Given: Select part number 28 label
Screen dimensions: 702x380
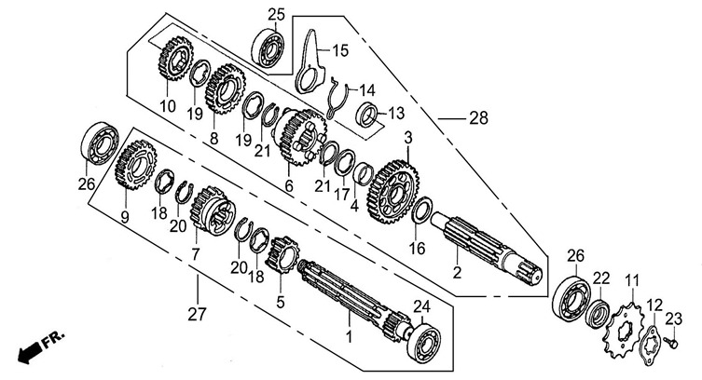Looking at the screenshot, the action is coord(478,118).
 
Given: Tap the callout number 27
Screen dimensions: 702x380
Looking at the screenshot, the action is coord(197,314).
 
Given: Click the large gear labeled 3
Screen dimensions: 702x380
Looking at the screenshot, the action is coord(393,192).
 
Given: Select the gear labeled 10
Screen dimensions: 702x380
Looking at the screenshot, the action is coord(176,59).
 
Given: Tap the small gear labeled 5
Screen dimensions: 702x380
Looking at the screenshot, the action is coord(282,255).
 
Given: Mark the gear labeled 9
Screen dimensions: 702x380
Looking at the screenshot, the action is coord(135,165).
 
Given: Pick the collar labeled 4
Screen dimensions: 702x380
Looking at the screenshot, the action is coord(363,174).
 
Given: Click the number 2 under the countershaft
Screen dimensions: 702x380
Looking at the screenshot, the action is coord(457,272).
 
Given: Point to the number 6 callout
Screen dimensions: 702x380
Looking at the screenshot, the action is coord(289,185).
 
